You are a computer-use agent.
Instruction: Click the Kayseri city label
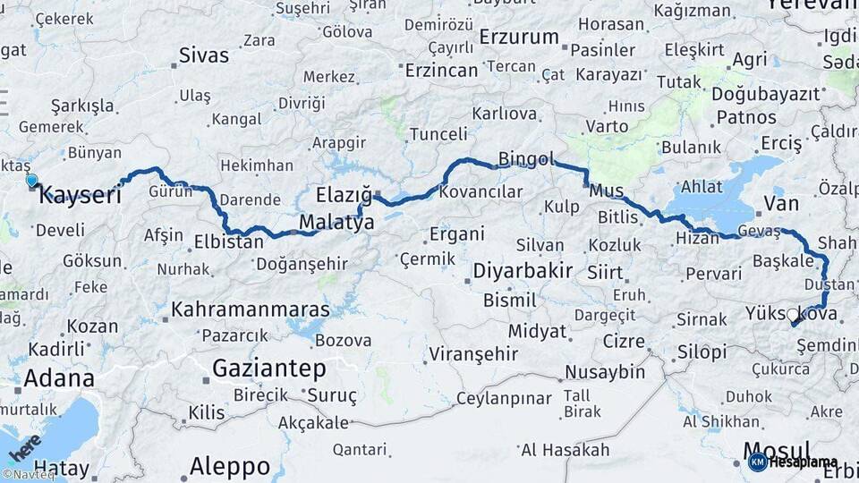coord(81,195)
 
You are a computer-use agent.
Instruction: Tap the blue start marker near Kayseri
coord(32,181)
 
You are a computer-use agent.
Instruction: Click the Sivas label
coord(203,55)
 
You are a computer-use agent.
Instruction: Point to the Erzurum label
coord(519,38)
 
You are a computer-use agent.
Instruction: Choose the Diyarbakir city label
coord(522,271)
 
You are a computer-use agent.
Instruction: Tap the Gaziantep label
coord(268,368)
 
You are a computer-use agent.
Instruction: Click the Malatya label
coord(336,223)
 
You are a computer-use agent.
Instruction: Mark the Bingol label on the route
coord(526,160)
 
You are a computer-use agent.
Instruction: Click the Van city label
coord(781,204)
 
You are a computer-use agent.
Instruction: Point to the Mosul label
coord(777,450)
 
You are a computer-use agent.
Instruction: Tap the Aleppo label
coord(230,466)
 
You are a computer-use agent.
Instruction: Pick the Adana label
coord(59,377)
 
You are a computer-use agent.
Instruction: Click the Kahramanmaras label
coord(250,309)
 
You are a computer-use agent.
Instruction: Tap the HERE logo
coord(24,446)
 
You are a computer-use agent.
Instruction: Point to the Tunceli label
coord(438,135)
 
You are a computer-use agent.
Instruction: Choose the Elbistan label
coord(229,241)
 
